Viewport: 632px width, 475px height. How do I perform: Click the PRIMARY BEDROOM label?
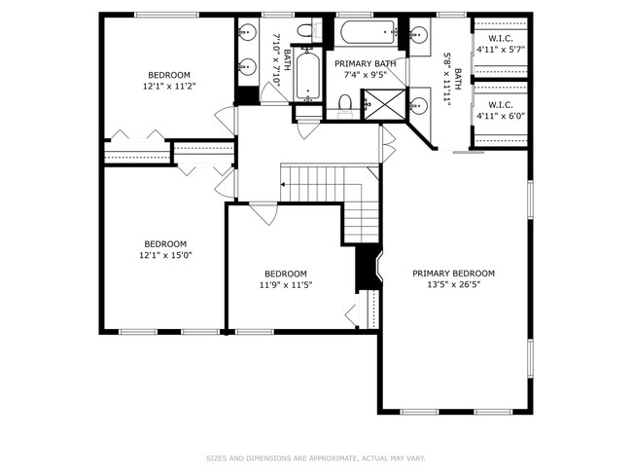click(453, 274)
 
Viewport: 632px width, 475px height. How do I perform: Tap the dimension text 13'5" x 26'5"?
click(453, 285)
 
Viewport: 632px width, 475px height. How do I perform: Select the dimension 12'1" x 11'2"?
click(169, 86)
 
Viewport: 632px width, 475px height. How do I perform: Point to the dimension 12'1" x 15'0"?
click(165, 255)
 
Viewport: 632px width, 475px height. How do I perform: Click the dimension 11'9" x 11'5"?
click(285, 285)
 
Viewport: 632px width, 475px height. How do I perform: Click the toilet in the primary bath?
click(344, 105)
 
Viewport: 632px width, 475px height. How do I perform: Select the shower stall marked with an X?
click(374, 103)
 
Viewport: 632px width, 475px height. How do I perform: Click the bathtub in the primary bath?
click(367, 32)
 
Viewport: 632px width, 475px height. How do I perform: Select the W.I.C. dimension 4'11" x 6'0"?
click(500, 115)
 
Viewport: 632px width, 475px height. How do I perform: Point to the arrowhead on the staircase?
click(284, 182)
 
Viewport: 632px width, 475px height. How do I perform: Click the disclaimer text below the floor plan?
click(315, 457)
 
